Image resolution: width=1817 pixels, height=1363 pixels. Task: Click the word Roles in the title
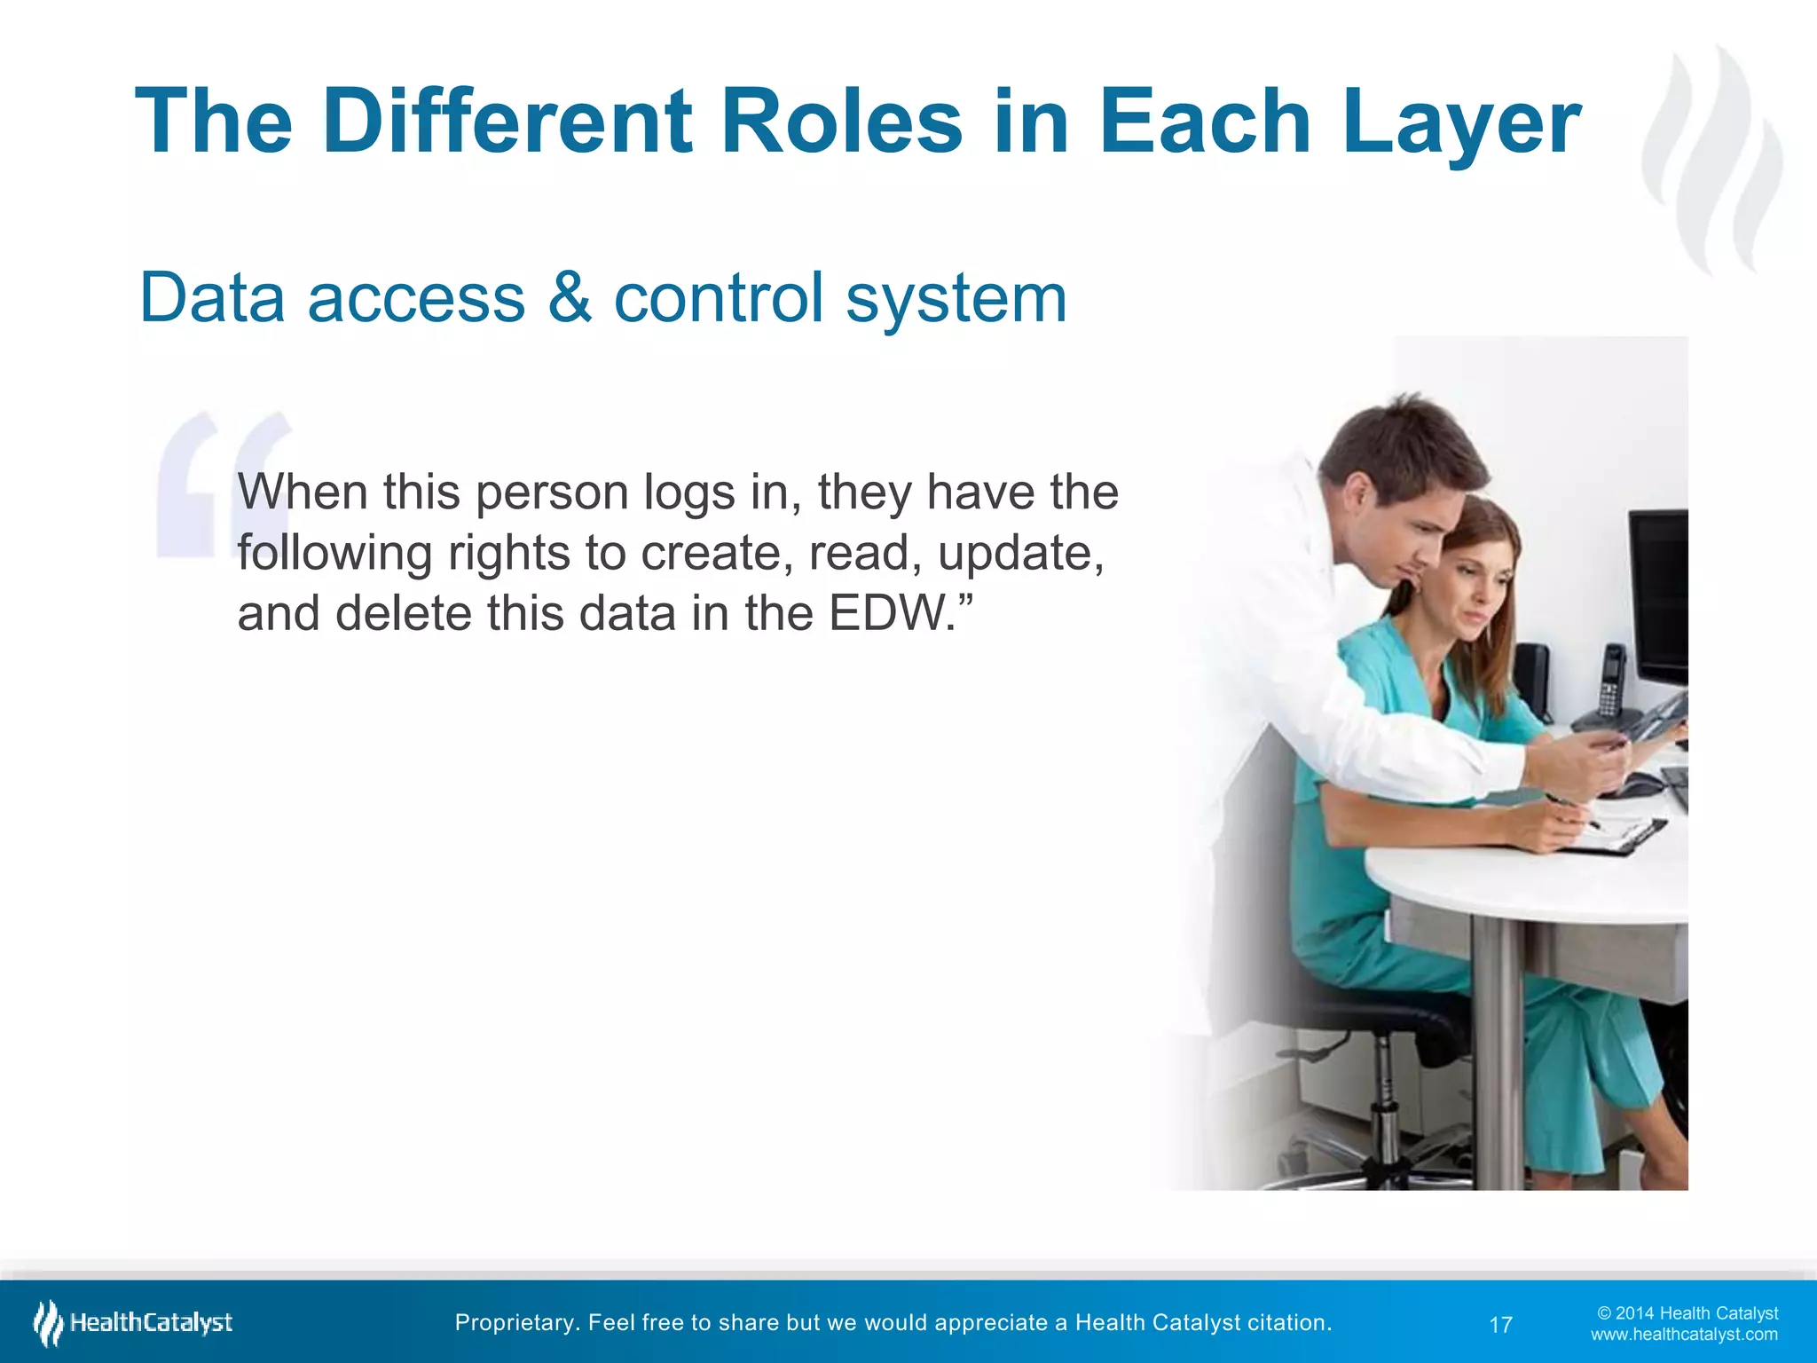tap(841, 122)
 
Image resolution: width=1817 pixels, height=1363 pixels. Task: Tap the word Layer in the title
tap(1460, 122)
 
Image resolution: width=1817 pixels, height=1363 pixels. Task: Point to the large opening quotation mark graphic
tap(222, 484)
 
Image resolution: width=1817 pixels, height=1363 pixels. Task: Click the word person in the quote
tap(552, 492)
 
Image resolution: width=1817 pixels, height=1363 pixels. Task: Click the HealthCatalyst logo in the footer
tap(133, 1323)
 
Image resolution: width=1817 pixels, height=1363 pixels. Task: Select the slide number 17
tap(1500, 1325)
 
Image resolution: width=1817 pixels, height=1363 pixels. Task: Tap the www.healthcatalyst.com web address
tap(1684, 1335)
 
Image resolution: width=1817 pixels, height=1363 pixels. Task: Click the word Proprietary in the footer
tap(515, 1322)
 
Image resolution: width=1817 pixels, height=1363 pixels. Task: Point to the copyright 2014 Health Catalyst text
tap(1687, 1313)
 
